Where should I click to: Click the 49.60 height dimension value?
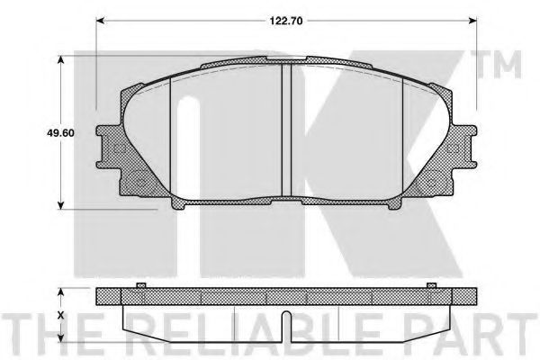(x=60, y=132)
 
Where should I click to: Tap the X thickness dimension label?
(x=61, y=315)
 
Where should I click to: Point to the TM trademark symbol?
(x=499, y=65)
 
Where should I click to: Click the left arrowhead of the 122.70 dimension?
(x=100, y=21)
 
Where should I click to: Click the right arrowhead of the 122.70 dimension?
(x=473, y=21)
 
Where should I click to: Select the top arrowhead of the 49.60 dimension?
(x=60, y=60)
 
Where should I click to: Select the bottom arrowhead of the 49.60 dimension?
(x=60, y=204)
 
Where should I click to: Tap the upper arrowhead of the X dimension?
(x=60, y=292)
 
